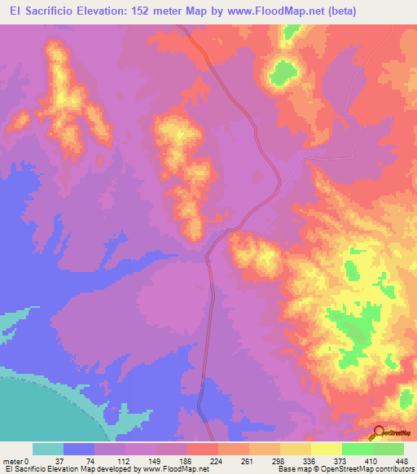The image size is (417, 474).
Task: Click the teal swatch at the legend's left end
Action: click(48, 449)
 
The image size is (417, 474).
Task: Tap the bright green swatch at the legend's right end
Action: click(388, 449)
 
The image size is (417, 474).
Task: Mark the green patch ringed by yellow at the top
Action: click(282, 72)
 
